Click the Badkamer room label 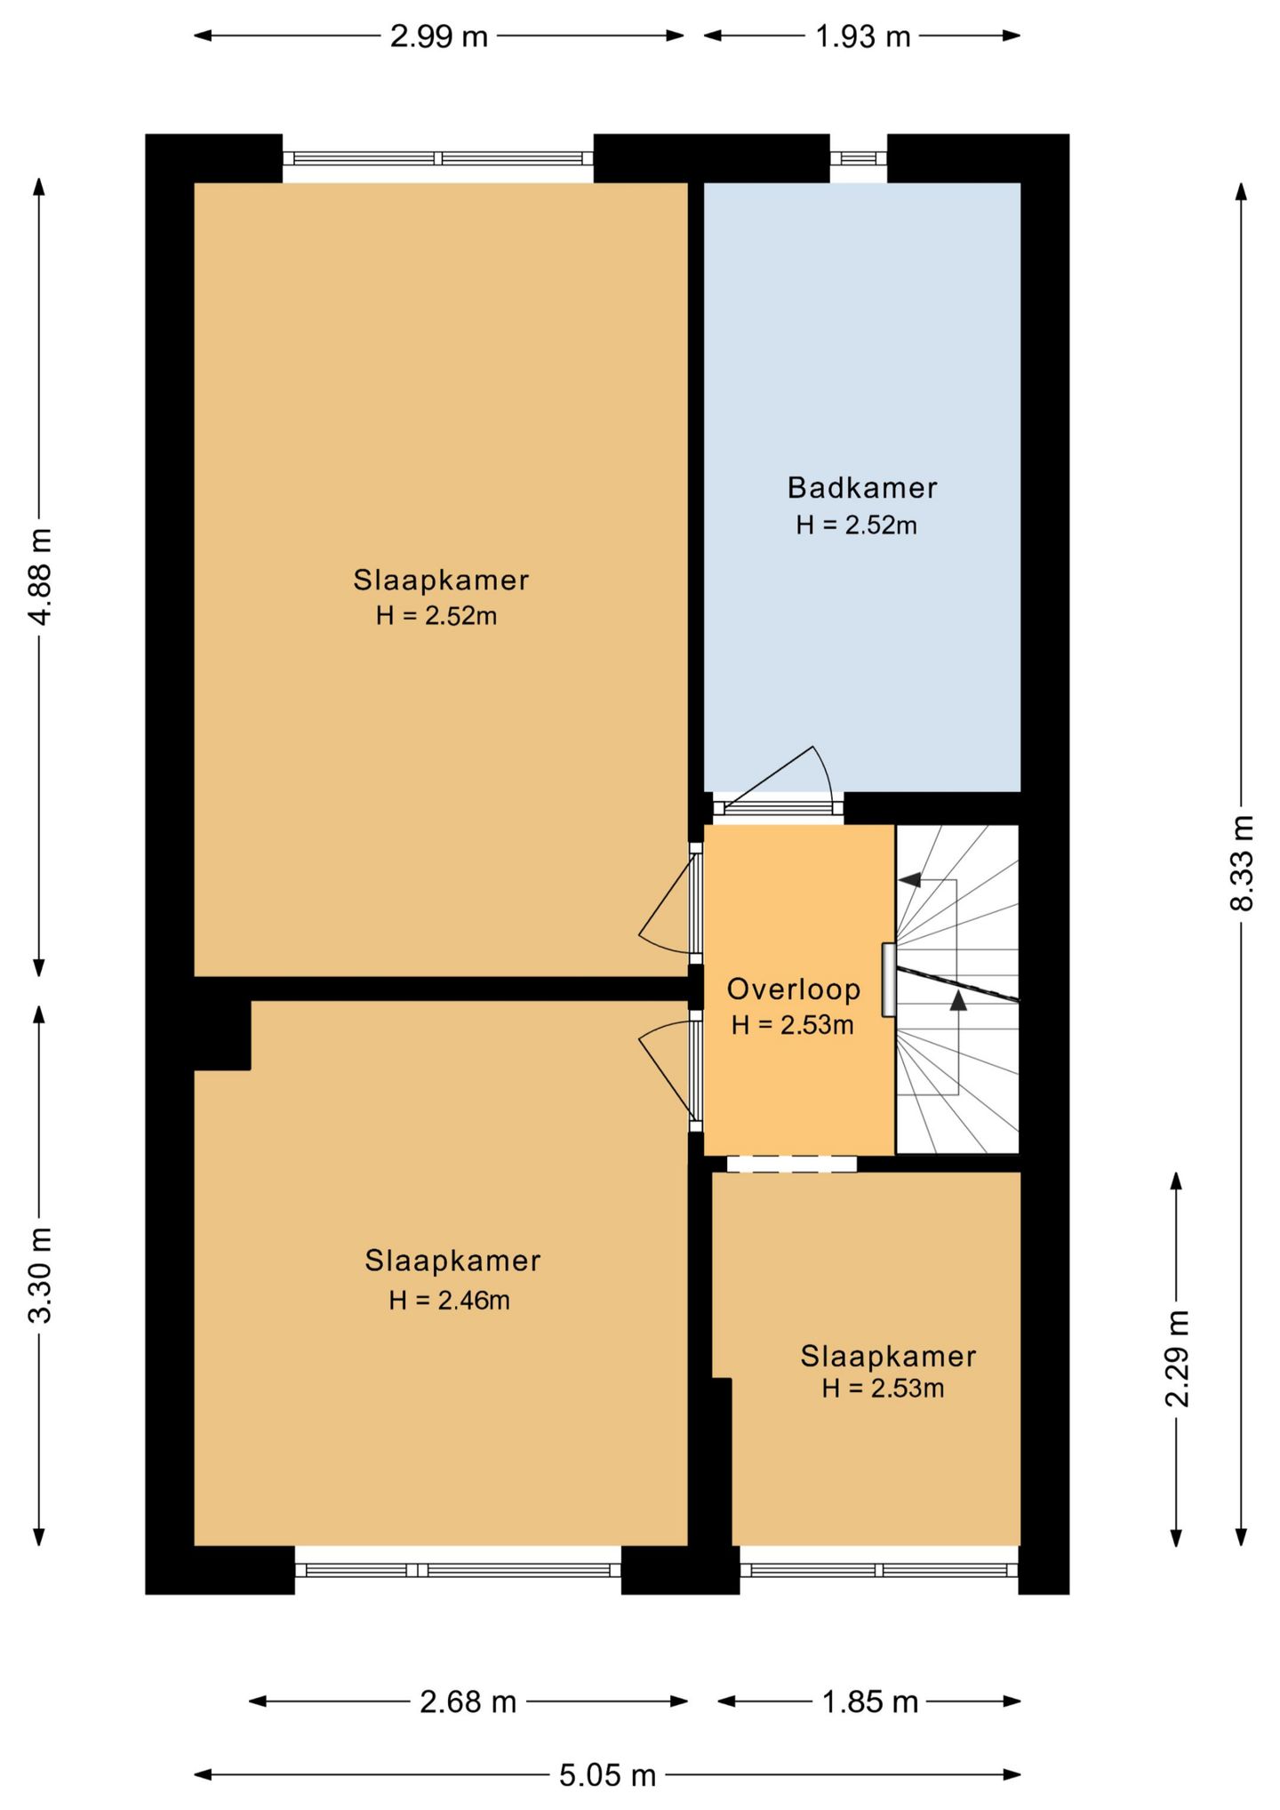click(862, 487)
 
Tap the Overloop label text click(794, 989)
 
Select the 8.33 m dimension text click(1241, 863)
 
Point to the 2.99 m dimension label click(439, 36)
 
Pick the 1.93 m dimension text click(863, 36)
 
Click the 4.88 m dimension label click(40, 576)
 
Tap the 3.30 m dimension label click(40, 1275)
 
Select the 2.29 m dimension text click(1176, 1358)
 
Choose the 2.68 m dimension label click(468, 1701)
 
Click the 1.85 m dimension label click(869, 1701)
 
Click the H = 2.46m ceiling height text click(449, 1300)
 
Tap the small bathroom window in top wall click(859, 158)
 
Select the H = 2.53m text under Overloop click(792, 1025)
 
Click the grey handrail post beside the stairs click(888, 980)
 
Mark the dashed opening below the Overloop click(791, 1164)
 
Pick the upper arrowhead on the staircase click(908, 880)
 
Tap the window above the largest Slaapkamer click(438, 158)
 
